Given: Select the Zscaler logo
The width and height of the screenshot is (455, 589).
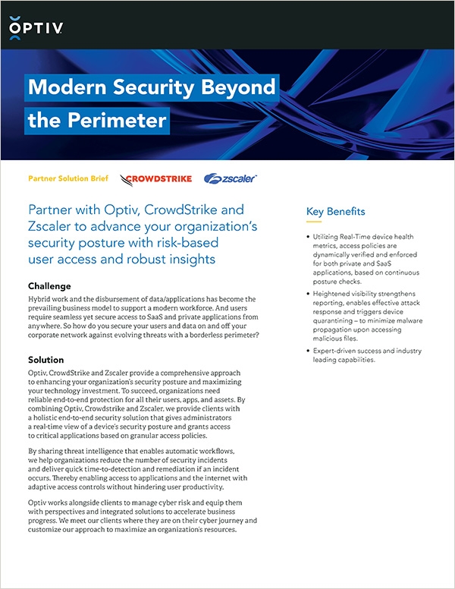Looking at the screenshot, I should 231,179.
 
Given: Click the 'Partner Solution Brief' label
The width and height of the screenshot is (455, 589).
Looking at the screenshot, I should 67,179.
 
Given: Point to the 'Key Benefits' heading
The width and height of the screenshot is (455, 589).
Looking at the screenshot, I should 335,212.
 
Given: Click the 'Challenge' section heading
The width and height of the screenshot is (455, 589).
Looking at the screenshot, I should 49,286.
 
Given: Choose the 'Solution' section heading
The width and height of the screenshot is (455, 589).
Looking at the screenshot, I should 45,359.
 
